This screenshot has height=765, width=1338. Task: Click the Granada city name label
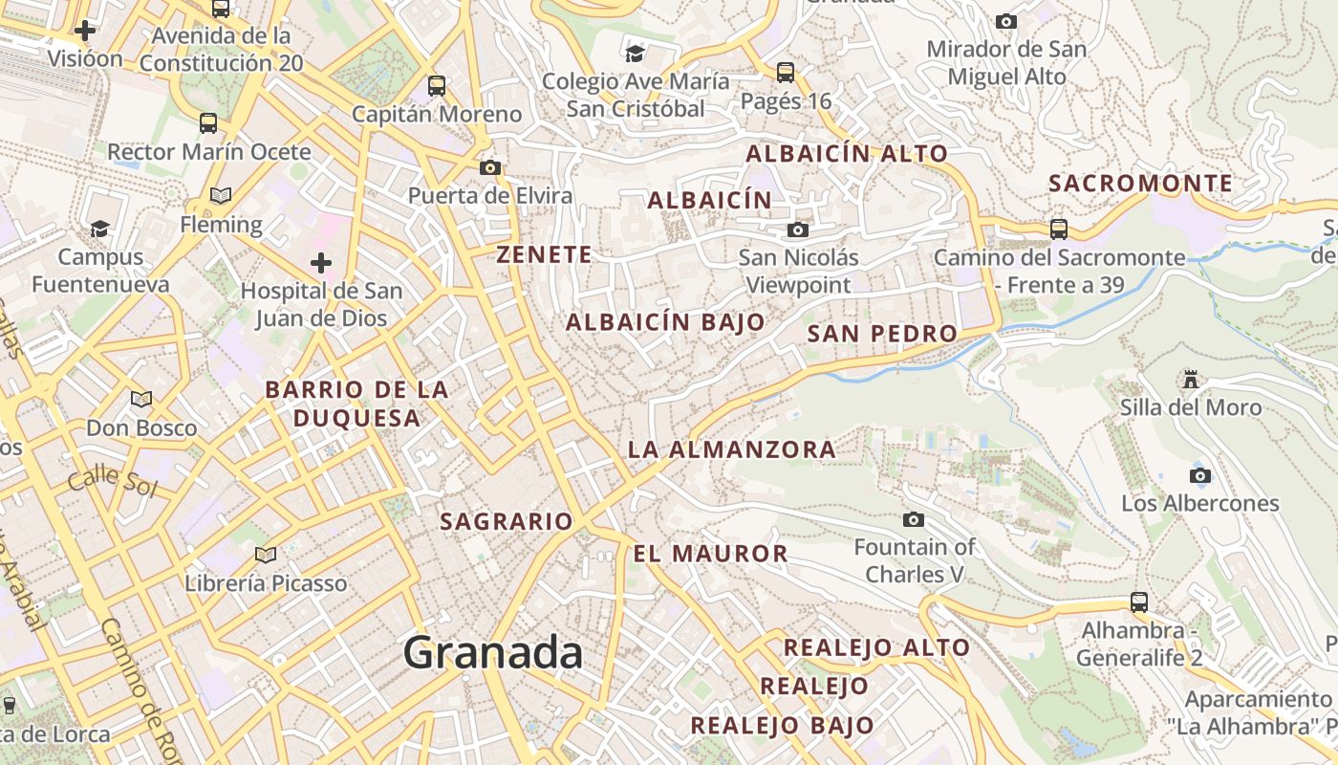click(x=492, y=653)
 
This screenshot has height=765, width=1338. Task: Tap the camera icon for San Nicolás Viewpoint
click(x=797, y=229)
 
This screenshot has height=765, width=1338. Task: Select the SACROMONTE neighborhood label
click(x=1140, y=183)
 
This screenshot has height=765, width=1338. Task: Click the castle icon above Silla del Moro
click(x=1190, y=380)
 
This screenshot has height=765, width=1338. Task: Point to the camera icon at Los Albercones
click(x=1199, y=475)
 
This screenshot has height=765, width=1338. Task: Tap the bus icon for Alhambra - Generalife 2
click(x=1138, y=602)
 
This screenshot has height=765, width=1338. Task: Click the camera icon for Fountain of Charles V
click(x=914, y=519)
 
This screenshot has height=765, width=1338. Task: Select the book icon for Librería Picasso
click(x=266, y=555)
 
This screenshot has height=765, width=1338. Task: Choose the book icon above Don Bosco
click(x=141, y=399)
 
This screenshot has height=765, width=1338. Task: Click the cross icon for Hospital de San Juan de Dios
click(x=321, y=262)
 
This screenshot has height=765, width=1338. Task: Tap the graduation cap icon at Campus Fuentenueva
click(x=99, y=229)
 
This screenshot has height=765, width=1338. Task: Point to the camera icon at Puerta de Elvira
click(x=490, y=168)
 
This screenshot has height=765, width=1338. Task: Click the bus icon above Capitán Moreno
click(x=437, y=85)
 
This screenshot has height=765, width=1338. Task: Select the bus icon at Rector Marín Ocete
click(x=208, y=122)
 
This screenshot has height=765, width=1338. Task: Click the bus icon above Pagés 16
click(x=786, y=72)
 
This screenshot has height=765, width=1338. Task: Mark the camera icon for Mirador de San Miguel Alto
click(x=1005, y=21)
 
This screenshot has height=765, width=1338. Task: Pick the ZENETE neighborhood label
click(x=544, y=254)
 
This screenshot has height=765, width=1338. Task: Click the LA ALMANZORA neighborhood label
click(x=731, y=449)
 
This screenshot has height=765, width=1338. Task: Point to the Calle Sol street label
click(x=112, y=480)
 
